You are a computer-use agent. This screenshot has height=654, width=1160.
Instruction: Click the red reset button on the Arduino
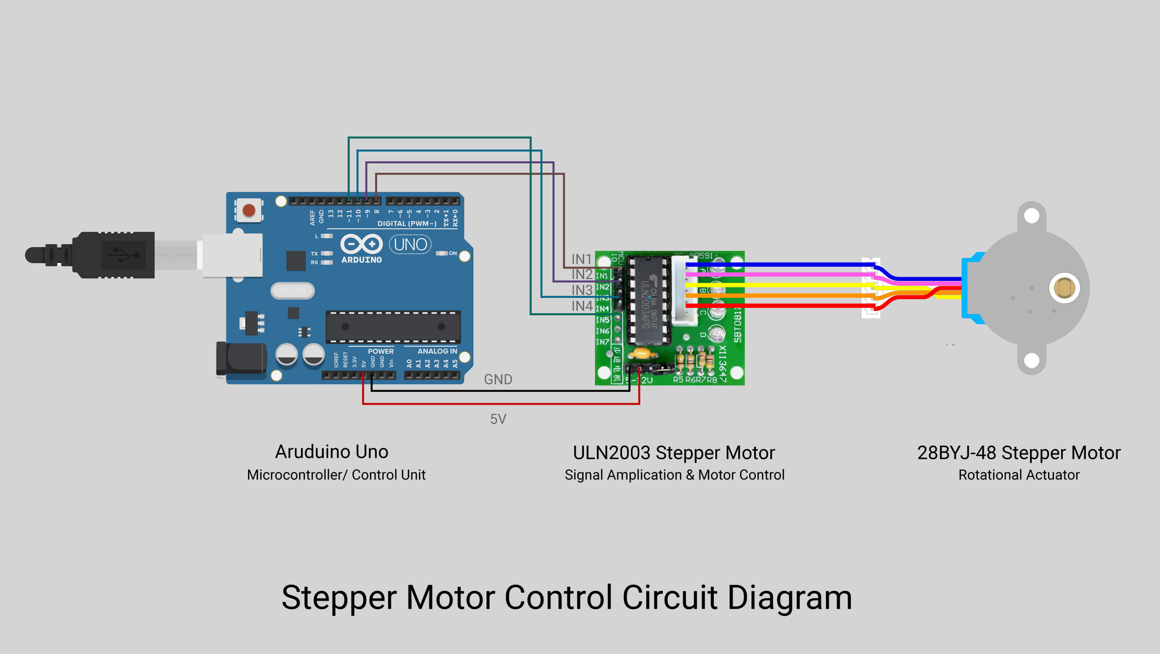click(248, 210)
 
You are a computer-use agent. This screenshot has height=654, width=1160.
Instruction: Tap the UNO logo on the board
click(410, 245)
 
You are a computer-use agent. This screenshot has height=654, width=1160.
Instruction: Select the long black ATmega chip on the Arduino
click(393, 327)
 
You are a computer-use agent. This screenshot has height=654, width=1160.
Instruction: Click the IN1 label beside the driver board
click(581, 259)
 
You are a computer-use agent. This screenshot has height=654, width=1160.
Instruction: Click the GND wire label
click(498, 379)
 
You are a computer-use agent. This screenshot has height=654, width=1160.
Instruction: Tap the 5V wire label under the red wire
click(498, 419)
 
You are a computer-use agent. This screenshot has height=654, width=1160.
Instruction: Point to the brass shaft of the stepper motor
click(1064, 288)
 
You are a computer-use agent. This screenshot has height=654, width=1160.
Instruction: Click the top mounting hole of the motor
click(1031, 216)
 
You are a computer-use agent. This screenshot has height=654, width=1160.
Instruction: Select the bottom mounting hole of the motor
click(1031, 360)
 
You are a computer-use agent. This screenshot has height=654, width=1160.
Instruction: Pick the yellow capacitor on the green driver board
click(642, 352)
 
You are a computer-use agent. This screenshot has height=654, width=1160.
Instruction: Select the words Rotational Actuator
click(1019, 475)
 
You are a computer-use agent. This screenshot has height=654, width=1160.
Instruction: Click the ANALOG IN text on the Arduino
click(437, 351)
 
